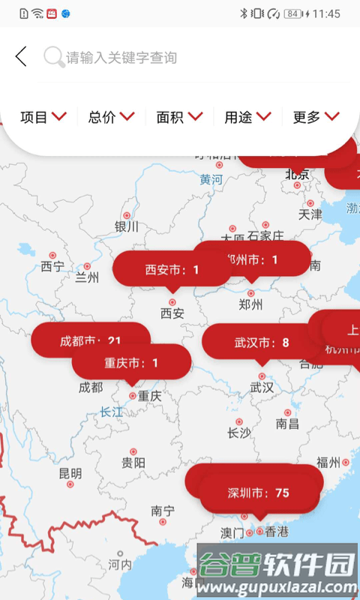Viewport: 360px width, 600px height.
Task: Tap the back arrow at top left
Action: pos(21,56)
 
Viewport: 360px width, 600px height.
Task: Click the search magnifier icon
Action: pos(53,57)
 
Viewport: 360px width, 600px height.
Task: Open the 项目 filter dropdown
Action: pos(43,117)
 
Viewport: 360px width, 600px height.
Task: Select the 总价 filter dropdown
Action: pos(111,117)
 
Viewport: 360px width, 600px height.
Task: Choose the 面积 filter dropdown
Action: pos(179,117)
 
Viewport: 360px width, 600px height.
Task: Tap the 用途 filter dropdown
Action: pos(247,117)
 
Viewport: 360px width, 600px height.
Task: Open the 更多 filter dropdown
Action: pos(316,117)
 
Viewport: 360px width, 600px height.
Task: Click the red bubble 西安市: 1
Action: pos(172,269)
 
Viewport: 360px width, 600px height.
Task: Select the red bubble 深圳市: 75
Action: pos(259,493)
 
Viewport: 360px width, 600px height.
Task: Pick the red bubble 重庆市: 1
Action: pos(131,363)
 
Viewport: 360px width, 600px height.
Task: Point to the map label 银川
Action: pos(127,226)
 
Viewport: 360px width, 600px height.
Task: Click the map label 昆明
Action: pos(70,473)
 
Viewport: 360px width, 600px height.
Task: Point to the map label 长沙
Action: pos(239,433)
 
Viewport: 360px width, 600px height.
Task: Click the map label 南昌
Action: pos(287,424)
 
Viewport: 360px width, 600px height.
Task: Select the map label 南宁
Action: pos(163,511)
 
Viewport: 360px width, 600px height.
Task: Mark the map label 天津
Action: pos(310,214)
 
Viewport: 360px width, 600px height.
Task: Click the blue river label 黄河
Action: pos(211,180)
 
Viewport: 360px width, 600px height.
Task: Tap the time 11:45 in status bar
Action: pos(326,13)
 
